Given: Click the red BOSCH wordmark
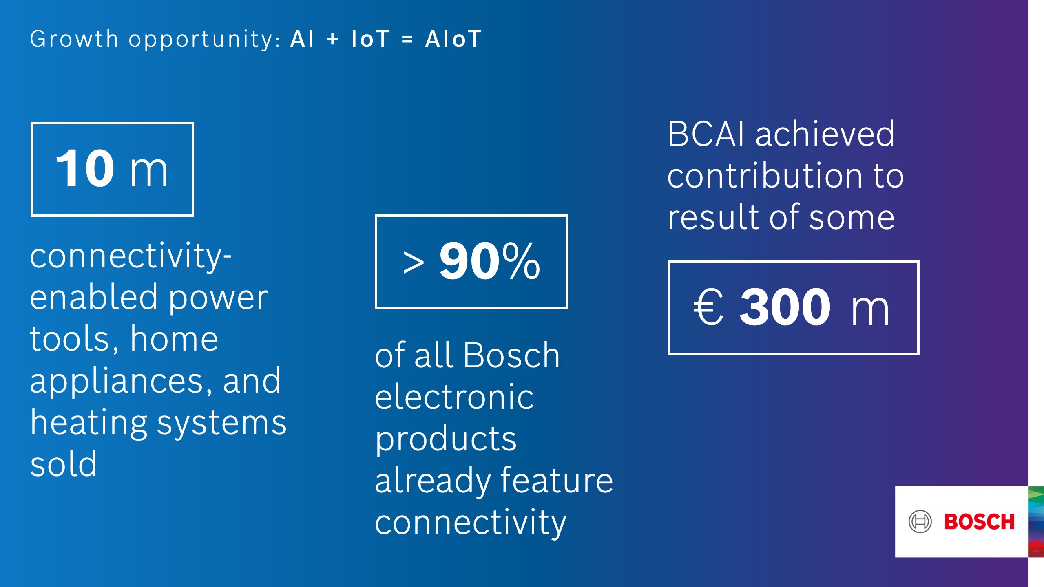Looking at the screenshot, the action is (979, 522).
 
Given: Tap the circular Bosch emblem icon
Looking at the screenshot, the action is (920, 521).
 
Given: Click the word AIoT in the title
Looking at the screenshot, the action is (453, 39).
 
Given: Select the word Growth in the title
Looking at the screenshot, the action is (74, 39).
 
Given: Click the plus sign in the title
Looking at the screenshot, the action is (333, 40).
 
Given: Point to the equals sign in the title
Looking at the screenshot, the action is (407, 40).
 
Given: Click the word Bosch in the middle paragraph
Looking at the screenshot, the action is (512, 355).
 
